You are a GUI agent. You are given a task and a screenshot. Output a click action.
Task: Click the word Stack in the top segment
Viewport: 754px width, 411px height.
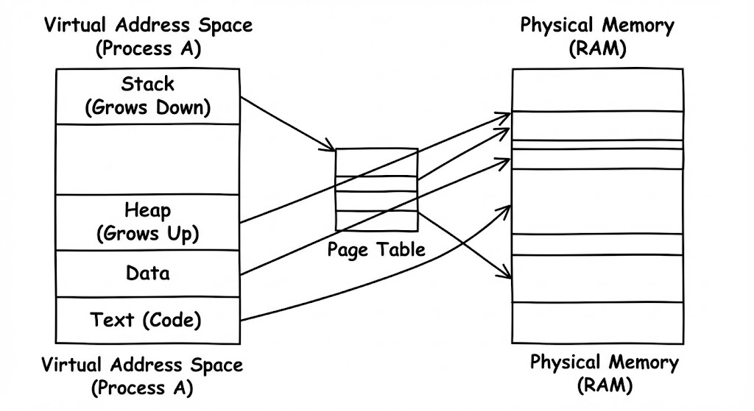click(148, 84)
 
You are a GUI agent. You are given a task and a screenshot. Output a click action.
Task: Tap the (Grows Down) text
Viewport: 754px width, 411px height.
click(148, 107)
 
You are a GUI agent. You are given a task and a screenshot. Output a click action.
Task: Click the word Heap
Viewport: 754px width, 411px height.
click(148, 211)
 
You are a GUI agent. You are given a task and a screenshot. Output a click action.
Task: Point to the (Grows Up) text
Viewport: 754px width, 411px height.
click(148, 234)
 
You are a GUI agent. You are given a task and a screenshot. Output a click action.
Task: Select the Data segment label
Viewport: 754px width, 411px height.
click(148, 274)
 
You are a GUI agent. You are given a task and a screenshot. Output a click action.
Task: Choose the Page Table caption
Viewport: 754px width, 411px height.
click(377, 249)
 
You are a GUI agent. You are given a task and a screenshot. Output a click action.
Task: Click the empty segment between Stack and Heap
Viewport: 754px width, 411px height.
click(148, 159)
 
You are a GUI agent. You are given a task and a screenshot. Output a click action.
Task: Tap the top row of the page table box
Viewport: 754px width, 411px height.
click(377, 162)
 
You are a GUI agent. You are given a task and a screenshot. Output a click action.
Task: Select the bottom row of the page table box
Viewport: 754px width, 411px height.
click(377, 221)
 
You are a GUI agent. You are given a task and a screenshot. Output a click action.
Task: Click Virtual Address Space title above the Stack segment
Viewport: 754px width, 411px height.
click(148, 26)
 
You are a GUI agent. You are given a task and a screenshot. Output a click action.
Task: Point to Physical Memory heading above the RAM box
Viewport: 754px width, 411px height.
click(596, 25)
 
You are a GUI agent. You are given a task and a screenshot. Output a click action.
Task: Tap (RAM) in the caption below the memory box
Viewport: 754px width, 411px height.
click(605, 384)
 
